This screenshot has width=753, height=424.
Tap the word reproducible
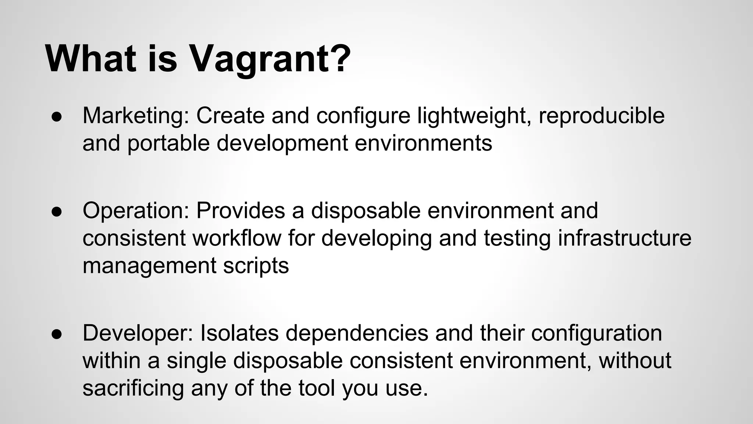[x=602, y=116]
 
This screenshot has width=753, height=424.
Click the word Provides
[x=240, y=211]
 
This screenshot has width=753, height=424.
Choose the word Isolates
[x=239, y=333]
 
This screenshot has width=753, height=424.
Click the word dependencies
[x=357, y=333]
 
